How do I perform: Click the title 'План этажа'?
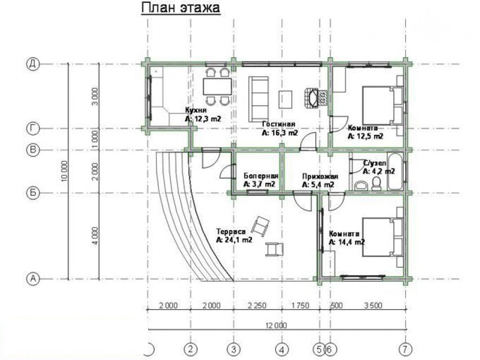pos(180,8)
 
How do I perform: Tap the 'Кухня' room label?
pos(196,110)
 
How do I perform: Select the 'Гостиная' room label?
pos(278,124)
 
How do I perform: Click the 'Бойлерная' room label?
pos(261,176)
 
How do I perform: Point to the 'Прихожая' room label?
pos(320,176)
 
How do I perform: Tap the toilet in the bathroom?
pos(376,183)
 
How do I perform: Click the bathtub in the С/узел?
pos(395,171)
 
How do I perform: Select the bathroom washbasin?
pos(362,185)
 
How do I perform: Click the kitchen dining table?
pos(217,86)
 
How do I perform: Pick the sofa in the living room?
pos(259,98)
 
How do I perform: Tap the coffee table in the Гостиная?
pos(285,99)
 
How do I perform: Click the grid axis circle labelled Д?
pos(33,64)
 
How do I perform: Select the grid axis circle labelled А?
pos(33,279)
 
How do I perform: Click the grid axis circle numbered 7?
pos(406,348)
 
